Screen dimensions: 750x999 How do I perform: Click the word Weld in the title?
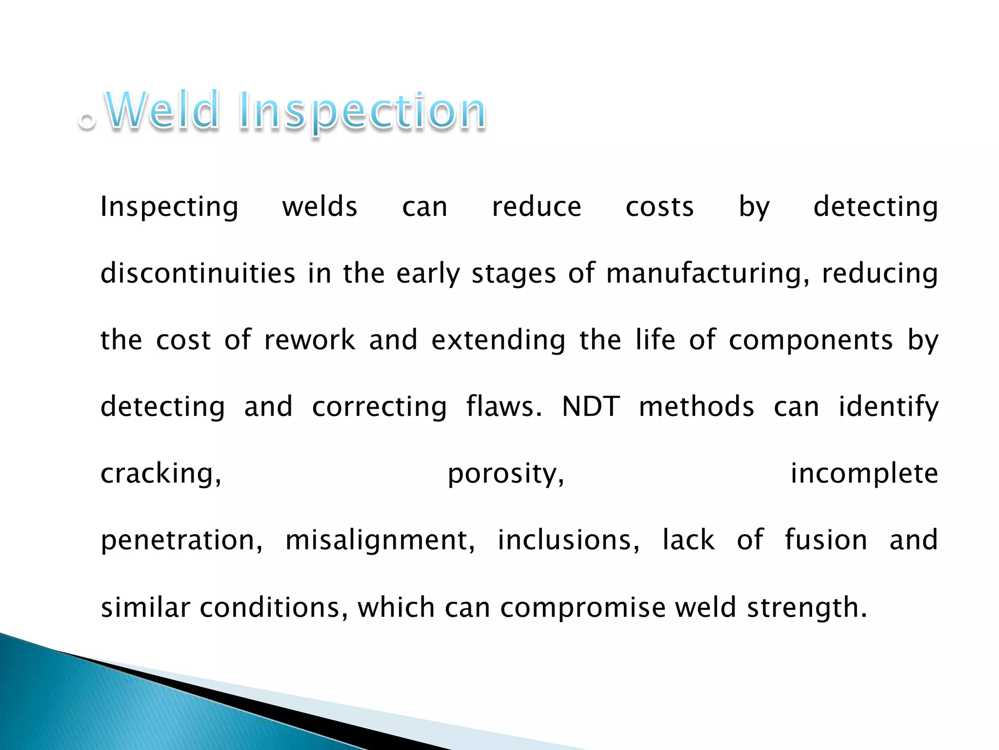162,111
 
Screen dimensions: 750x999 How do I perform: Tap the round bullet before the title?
87,120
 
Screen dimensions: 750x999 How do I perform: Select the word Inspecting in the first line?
169,208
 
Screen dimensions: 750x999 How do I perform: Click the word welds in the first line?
320,207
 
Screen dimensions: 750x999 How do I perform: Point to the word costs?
659,207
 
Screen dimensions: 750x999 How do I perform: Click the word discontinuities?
198,273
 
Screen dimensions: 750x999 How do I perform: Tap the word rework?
310,340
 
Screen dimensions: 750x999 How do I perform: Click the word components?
811,341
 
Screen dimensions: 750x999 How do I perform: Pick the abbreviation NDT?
591,406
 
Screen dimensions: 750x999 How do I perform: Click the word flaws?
503,406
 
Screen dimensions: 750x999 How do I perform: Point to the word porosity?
506,474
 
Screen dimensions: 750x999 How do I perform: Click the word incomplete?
864,474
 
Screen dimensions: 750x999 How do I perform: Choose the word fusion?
826,540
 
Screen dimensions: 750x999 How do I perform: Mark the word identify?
888,407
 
